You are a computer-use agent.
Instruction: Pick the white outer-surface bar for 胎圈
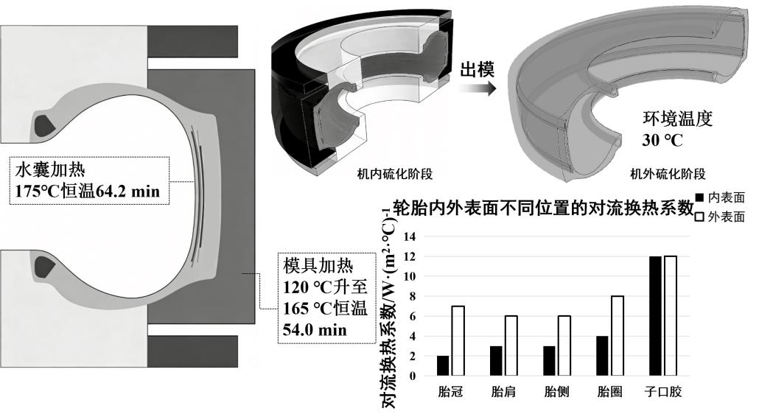coord(616,336)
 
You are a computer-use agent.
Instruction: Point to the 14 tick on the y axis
coord(411,236)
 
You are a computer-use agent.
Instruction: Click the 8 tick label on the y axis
coord(413,296)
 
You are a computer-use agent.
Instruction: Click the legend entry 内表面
coord(721,199)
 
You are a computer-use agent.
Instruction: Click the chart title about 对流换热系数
coord(544,208)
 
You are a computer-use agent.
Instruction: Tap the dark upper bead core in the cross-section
coord(46,123)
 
